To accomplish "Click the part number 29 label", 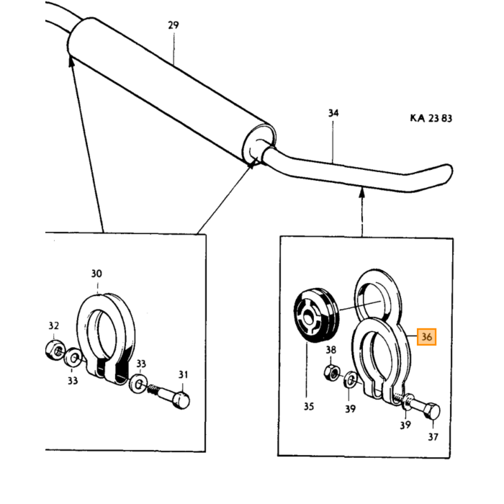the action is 174,25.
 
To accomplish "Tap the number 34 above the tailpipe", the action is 333,113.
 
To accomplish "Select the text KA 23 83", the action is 431,118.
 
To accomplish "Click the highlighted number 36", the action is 426,337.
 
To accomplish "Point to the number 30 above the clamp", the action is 96,274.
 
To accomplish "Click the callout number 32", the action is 54,326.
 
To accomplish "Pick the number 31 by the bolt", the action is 183,375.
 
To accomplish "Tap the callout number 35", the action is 309,407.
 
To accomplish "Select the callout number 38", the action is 330,350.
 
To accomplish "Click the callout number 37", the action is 433,437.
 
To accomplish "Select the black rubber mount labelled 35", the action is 317,315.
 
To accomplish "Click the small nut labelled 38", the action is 331,373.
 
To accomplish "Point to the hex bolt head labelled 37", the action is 432,411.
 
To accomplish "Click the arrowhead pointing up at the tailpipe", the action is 362,192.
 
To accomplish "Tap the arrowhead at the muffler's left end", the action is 71,61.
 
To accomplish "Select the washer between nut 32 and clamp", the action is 73,357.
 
